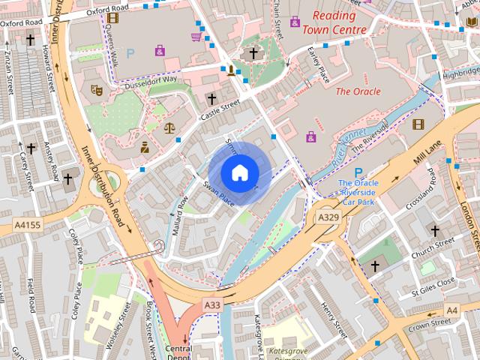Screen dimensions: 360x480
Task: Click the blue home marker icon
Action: pyautogui.click(x=239, y=172)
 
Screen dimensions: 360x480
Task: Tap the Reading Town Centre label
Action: pyautogui.click(x=334, y=22)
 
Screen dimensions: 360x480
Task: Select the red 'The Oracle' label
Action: pyautogui.click(x=358, y=91)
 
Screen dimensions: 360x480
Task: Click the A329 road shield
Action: pyautogui.click(x=327, y=217)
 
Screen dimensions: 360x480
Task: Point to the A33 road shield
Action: pyautogui.click(x=212, y=304)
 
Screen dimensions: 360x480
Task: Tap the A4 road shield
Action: pyautogui.click(x=451, y=309)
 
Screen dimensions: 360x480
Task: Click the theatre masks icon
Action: pyautogui.click(x=96, y=89)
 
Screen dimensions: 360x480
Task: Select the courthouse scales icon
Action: pyautogui.click(x=170, y=127)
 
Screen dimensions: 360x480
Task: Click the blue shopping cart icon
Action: pyautogui.click(x=196, y=35)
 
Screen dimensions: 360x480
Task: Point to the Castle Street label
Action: pyautogui.click(x=219, y=110)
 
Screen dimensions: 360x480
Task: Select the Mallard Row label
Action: pyautogui.click(x=180, y=216)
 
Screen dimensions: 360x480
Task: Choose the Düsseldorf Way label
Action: pyautogui.click(x=153, y=79)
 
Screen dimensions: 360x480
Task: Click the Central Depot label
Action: pyautogui.click(x=179, y=353)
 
